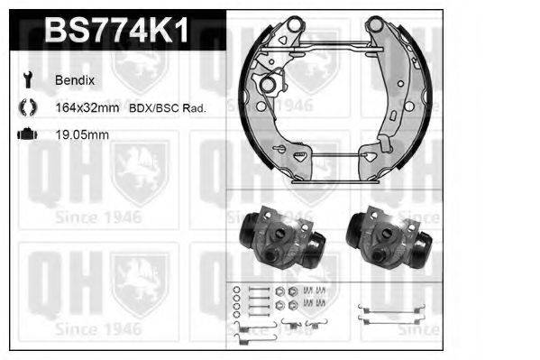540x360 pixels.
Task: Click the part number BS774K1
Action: coord(116,32)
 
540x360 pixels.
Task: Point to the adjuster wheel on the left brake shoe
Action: coord(271,85)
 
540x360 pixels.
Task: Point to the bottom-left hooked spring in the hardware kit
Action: coord(242,334)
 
